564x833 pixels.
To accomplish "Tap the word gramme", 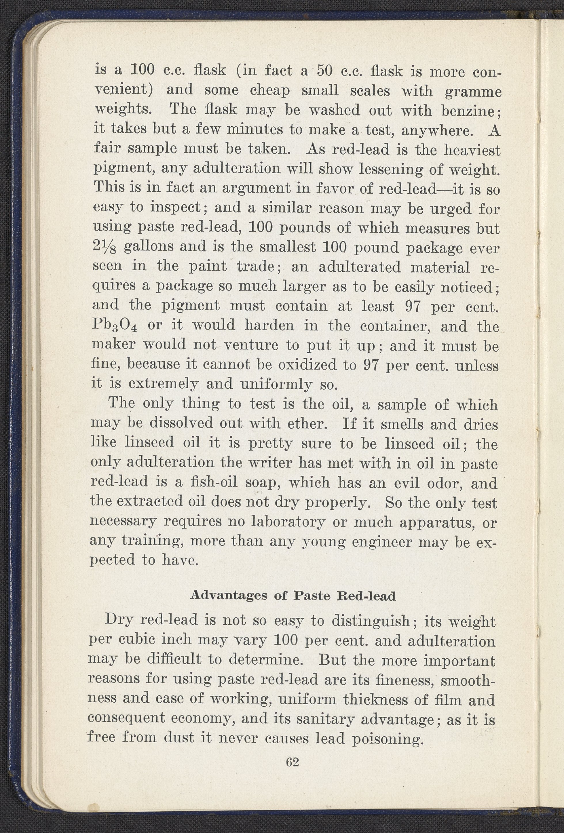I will pyautogui.click(x=473, y=92).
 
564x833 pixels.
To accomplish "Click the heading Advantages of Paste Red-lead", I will pyautogui.click(x=293, y=596).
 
